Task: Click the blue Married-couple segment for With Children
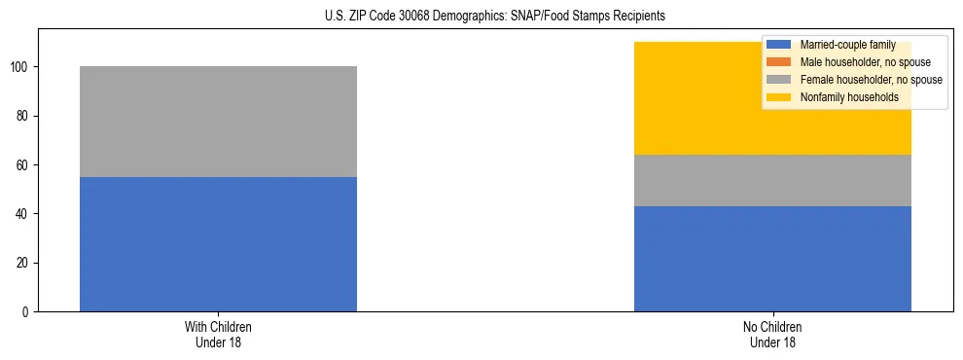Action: [218, 244]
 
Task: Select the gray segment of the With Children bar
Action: [218, 122]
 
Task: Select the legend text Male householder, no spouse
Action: [864, 62]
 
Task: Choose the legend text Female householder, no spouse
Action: [871, 80]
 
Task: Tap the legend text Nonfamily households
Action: [848, 97]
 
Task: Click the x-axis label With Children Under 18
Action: [218, 334]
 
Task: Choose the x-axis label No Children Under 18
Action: [772, 334]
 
